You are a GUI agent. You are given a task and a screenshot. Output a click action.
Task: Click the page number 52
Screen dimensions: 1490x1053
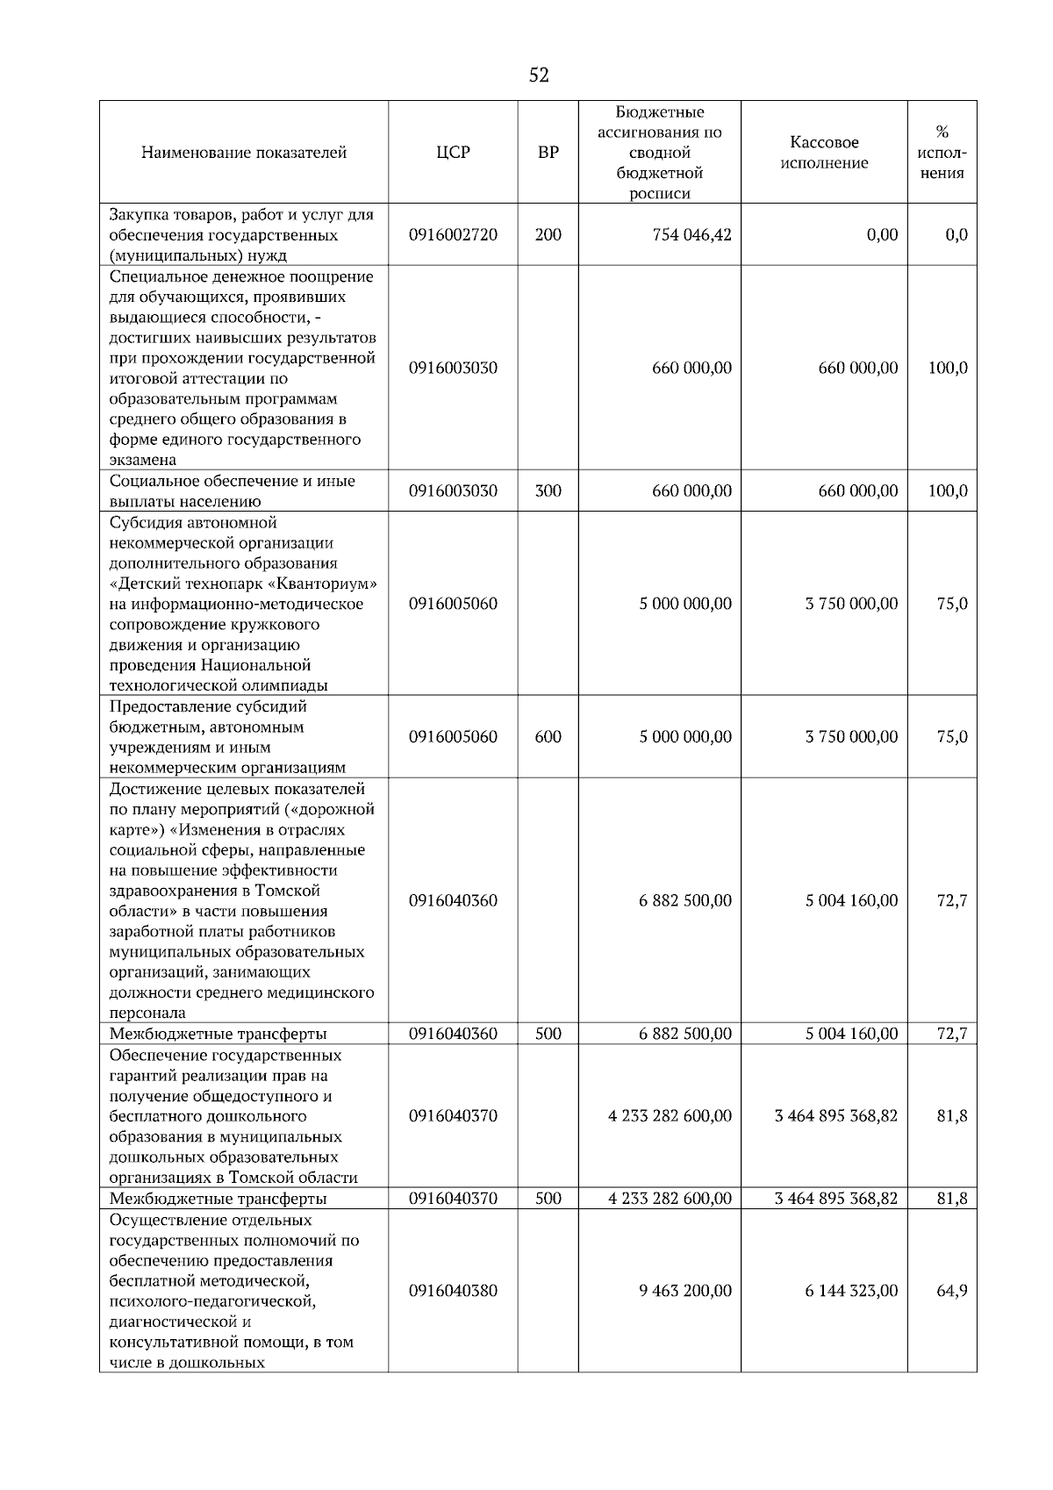point(539,76)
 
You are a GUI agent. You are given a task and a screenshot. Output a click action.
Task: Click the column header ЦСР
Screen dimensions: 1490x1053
point(453,153)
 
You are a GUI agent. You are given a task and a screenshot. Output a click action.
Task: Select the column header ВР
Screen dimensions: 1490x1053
point(548,153)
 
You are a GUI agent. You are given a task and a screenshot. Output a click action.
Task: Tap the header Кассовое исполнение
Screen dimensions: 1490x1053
point(823,153)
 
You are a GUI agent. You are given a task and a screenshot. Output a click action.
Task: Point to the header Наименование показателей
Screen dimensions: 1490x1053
point(243,153)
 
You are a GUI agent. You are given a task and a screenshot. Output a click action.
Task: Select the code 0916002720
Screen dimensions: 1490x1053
point(453,235)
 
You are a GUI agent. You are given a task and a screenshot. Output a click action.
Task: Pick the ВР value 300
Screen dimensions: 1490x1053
point(548,491)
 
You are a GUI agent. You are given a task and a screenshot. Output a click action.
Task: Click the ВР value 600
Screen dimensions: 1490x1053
point(548,737)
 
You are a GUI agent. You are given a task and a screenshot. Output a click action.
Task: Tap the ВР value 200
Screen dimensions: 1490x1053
point(548,235)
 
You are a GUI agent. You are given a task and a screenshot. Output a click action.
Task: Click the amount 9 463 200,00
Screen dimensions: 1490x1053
point(684,1291)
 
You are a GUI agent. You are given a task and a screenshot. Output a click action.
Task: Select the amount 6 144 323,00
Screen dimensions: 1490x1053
point(851,1291)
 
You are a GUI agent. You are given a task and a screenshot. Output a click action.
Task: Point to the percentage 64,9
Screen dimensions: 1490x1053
point(951,1291)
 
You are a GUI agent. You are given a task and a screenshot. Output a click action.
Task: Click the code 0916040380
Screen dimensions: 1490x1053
point(453,1291)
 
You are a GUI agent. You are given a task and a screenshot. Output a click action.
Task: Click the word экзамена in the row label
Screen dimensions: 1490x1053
point(142,460)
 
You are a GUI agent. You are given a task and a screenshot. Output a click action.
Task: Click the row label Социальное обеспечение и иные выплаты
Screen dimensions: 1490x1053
point(232,491)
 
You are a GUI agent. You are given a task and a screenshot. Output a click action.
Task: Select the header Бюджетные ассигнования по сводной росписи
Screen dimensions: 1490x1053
point(659,153)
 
